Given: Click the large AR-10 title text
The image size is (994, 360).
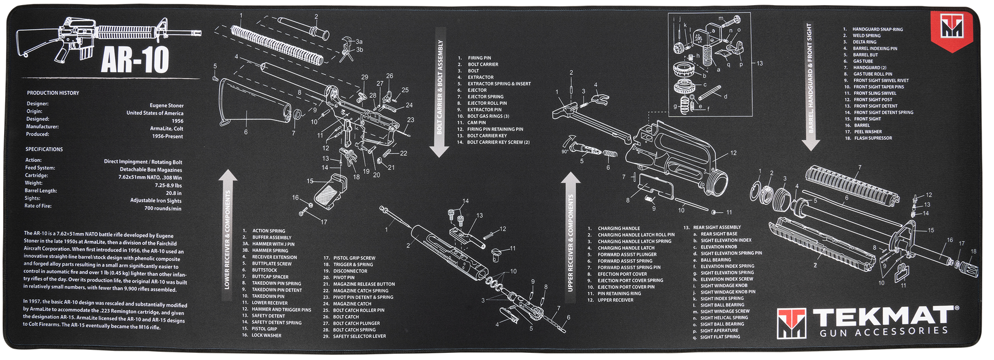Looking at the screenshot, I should (x=135, y=61).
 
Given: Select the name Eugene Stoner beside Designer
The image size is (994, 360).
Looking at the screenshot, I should (x=166, y=105).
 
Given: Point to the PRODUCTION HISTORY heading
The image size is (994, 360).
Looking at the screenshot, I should (x=53, y=93).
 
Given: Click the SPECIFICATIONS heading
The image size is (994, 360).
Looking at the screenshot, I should (x=44, y=149).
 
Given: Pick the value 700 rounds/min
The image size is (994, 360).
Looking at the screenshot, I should (x=163, y=208).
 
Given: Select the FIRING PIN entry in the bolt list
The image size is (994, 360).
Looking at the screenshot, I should (x=479, y=58).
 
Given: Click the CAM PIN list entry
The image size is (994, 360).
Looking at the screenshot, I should (x=476, y=122).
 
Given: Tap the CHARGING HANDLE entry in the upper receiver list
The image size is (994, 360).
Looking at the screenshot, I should (x=618, y=228).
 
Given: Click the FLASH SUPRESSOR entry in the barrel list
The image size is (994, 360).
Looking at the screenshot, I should (x=873, y=138).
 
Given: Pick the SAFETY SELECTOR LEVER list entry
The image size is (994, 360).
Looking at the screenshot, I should (x=359, y=336).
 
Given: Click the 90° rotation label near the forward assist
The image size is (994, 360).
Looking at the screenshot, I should (x=565, y=152).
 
